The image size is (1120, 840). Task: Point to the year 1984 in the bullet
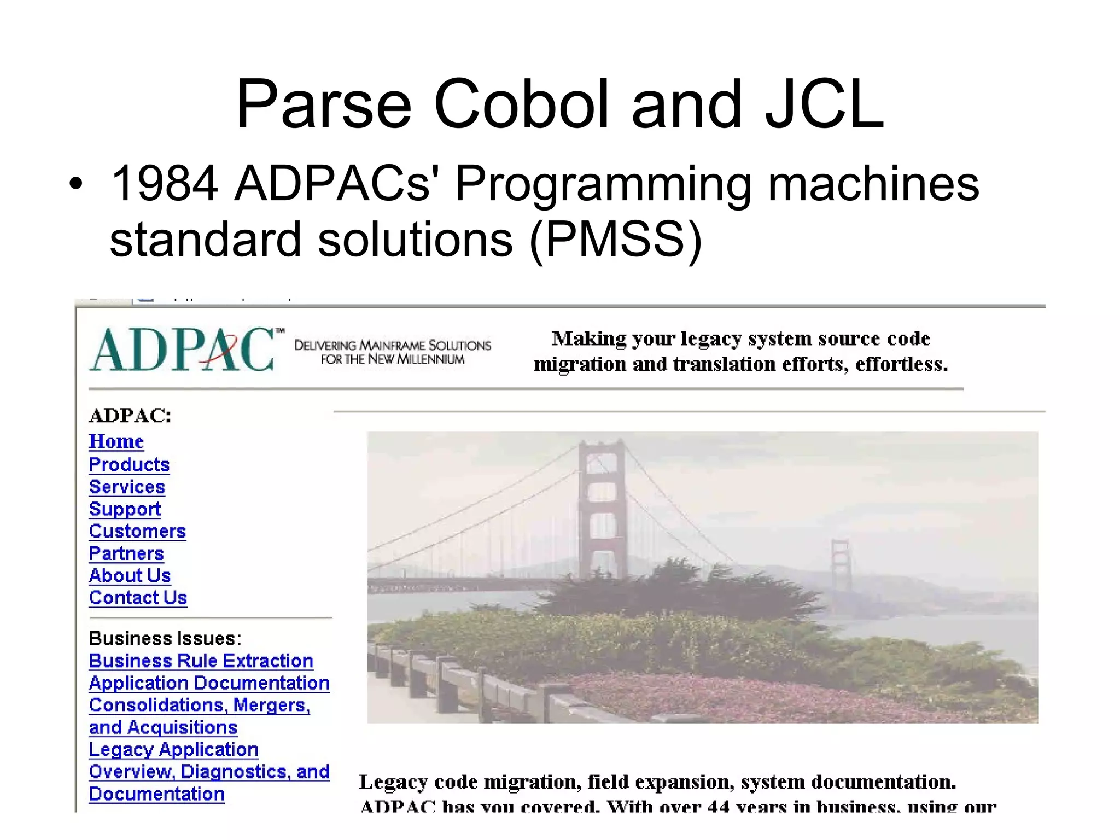coord(164,184)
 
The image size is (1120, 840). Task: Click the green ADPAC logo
coord(183,350)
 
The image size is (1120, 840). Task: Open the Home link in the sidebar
coord(116,441)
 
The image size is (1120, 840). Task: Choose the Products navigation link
coord(129,465)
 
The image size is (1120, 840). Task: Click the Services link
coord(127,487)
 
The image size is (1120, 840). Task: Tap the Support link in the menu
coord(125,509)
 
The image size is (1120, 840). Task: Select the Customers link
coord(137,532)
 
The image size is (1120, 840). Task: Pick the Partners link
coord(126,553)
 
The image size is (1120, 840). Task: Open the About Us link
coord(130,576)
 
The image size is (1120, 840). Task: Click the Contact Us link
coord(138,598)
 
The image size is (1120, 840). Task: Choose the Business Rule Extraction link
coord(201,661)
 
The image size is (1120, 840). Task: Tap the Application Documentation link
coord(209,683)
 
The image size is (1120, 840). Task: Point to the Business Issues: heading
coord(165,638)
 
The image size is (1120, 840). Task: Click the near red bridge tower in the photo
coord(602,509)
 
